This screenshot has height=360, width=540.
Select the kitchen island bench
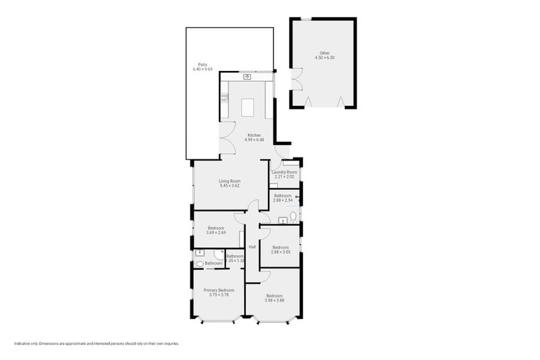(x=248, y=108)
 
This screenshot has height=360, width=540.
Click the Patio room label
(x=197, y=65)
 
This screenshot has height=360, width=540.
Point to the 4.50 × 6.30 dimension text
(x=325, y=58)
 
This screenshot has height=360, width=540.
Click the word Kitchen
(x=254, y=135)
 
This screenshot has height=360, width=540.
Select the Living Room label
(x=230, y=181)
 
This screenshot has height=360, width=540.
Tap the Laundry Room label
(x=284, y=172)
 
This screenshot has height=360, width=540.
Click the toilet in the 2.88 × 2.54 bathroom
(x=292, y=217)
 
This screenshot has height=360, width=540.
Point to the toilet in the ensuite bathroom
(x=198, y=263)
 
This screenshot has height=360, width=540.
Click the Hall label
(x=252, y=247)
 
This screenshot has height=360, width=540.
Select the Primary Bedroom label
(x=219, y=290)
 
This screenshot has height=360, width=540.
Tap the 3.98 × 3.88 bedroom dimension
(x=275, y=300)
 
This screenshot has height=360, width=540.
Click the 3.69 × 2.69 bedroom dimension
(x=216, y=232)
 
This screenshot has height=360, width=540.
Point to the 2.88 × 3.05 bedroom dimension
(x=280, y=251)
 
